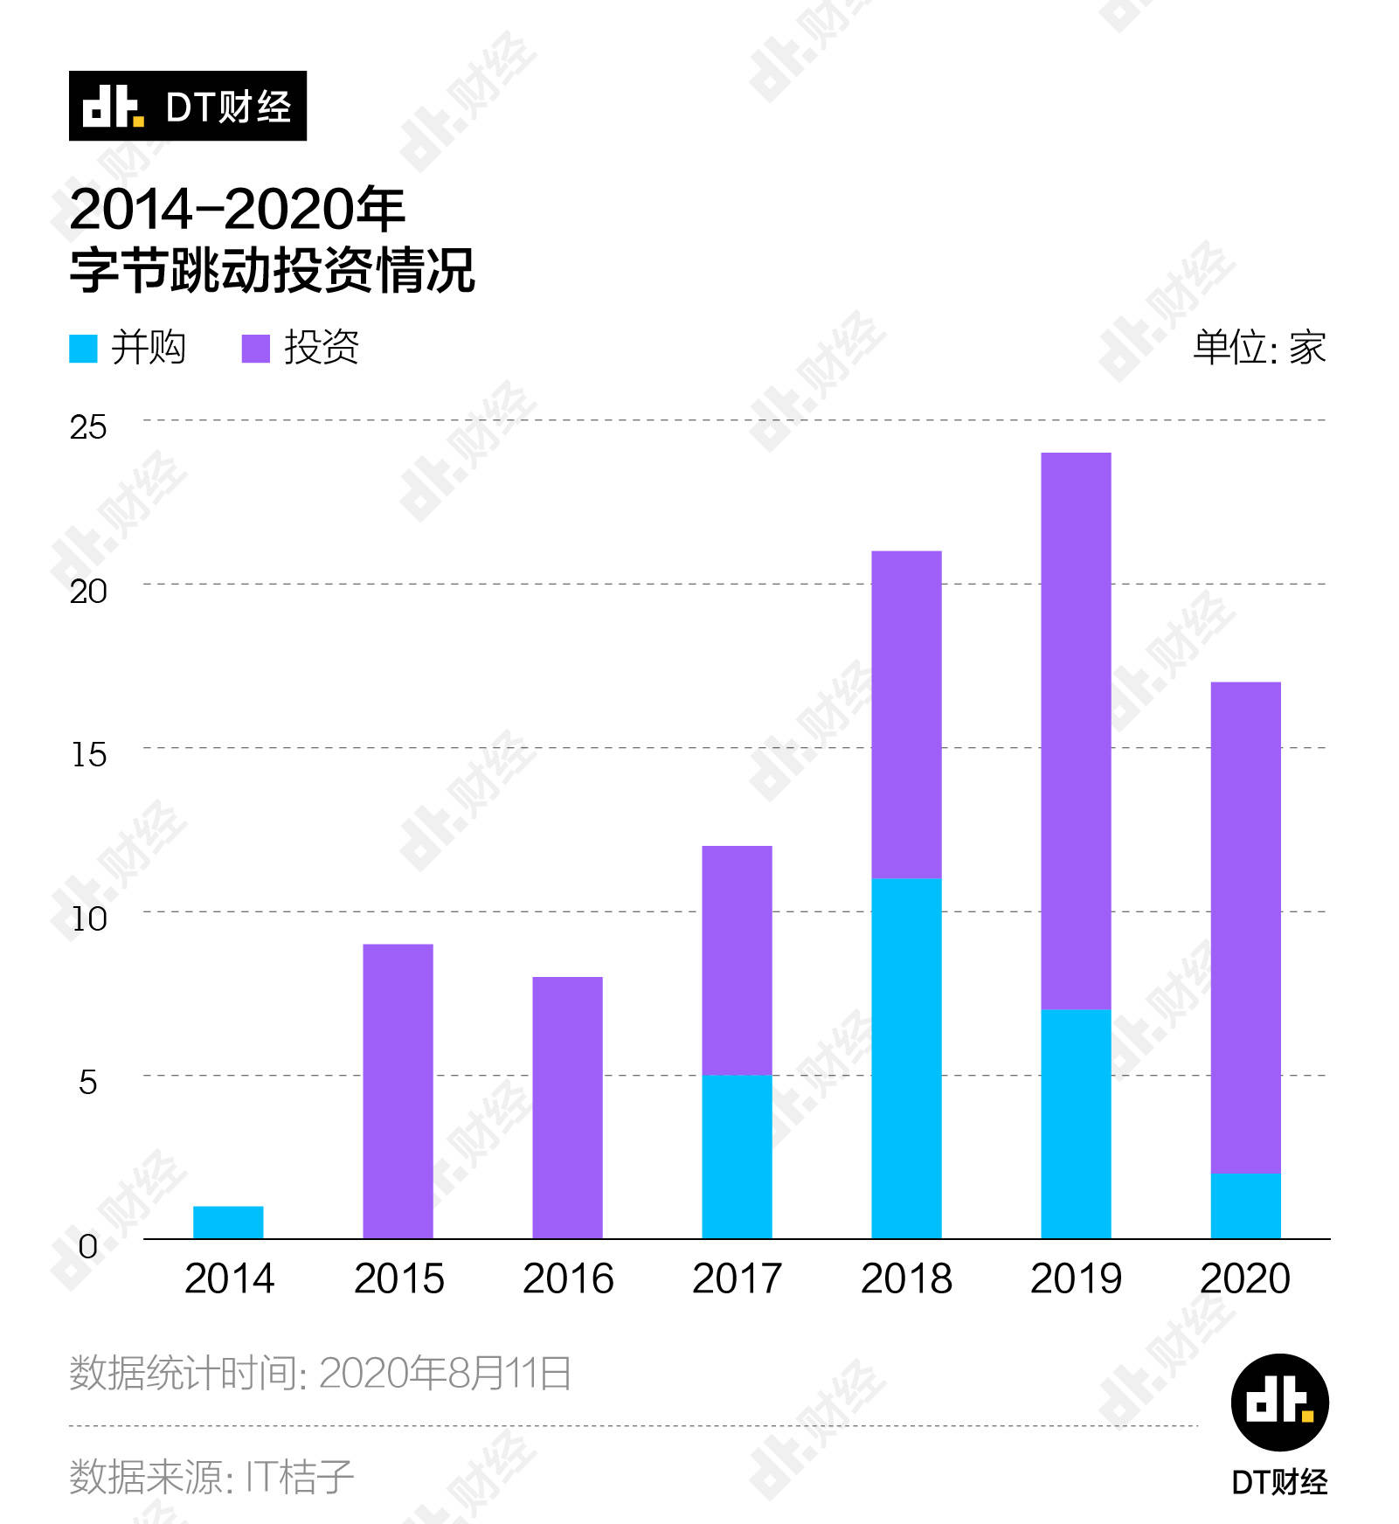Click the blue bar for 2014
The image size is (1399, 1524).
tap(228, 1222)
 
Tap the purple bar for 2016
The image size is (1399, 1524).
tap(567, 1107)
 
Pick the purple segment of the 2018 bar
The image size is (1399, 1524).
tap(906, 714)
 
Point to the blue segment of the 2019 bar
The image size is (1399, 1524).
tap(1076, 1124)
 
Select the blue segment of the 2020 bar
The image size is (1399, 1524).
tap(1245, 1206)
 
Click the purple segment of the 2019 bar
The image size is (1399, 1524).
tap(1076, 731)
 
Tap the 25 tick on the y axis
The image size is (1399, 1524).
tap(87, 427)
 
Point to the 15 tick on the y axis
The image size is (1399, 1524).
tap(88, 755)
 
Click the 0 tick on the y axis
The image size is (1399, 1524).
tap(87, 1246)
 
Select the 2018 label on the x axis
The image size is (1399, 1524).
tap(906, 1279)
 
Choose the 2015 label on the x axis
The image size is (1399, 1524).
tap(398, 1279)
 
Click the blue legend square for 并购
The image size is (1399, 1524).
tap(83, 349)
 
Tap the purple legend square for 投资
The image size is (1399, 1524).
tap(256, 349)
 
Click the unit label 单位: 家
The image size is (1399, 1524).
tap(1259, 348)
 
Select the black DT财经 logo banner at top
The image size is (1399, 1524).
tap(188, 106)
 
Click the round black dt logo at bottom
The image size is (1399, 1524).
tap(1279, 1402)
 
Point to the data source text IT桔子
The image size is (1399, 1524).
tap(299, 1477)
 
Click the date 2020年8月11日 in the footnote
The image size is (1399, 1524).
tap(445, 1373)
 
